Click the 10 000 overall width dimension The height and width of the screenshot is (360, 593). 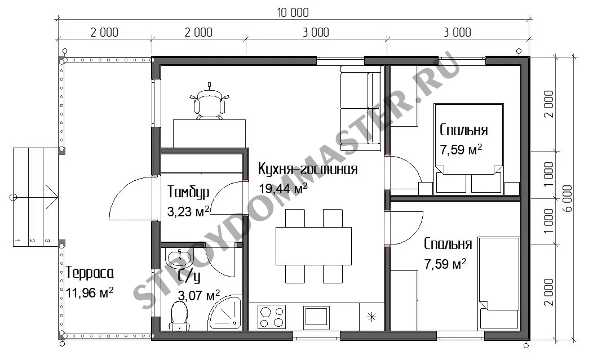[x=293, y=12]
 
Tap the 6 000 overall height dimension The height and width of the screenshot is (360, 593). [x=568, y=198]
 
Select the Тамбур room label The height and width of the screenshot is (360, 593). [x=188, y=192]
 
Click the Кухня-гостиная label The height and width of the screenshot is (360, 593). [x=307, y=168]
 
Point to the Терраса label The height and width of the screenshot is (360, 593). [x=90, y=273]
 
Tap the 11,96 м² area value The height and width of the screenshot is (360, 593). [x=90, y=292]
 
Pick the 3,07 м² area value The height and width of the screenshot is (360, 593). [x=198, y=295]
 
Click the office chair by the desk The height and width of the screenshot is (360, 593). [x=209, y=102]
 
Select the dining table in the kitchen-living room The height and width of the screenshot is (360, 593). [x=313, y=246]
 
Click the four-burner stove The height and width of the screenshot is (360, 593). [x=272, y=317]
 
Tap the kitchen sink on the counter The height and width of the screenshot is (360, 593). [x=316, y=316]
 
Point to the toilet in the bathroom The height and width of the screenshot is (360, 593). [x=179, y=316]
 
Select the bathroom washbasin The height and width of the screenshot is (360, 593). [x=179, y=257]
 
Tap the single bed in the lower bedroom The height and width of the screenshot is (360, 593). [x=499, y=283]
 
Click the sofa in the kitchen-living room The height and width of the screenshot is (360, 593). [x=360, y=109]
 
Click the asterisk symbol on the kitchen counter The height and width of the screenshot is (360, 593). [x=371, y=317]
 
